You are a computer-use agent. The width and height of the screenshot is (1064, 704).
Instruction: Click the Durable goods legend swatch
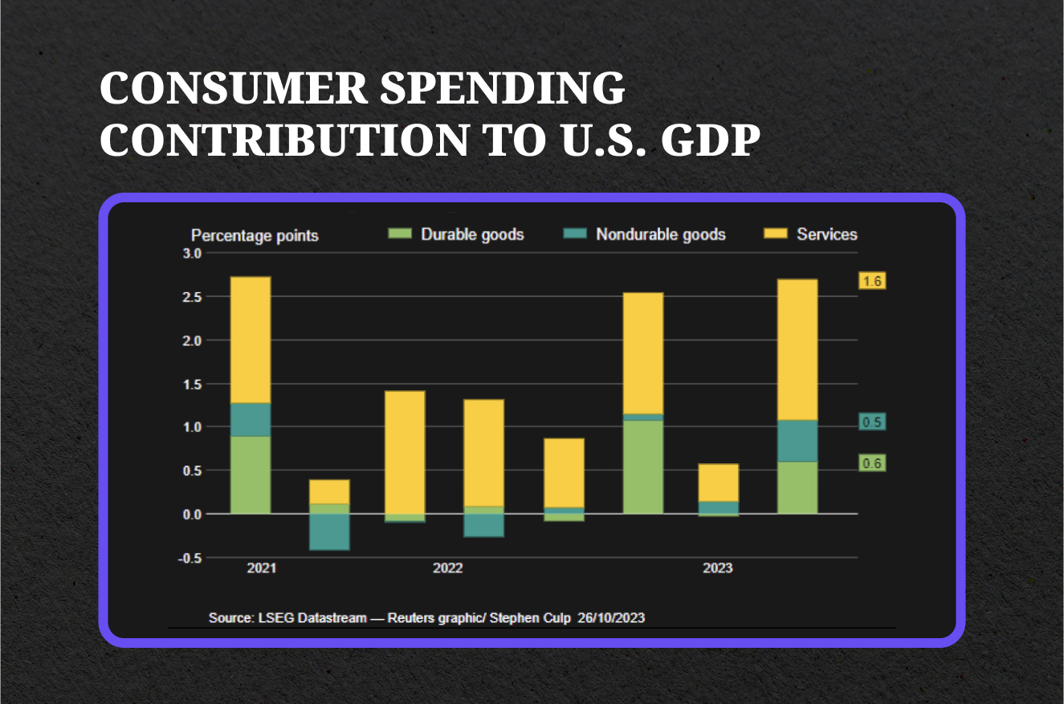pyautogui.click(x=399, y=234)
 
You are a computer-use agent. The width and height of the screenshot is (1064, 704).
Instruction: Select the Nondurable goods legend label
pyautogui.click(x=660, y=234)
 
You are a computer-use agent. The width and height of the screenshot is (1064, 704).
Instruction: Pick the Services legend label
pyautogui.click(x=826, y=234)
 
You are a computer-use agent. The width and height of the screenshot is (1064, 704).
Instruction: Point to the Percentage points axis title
pyautogui.click(x=255, y=235)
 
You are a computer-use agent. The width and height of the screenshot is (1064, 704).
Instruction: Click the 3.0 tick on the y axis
pyautogui.click(x=193, y=253)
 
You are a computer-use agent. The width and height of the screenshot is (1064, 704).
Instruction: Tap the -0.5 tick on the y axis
pyautogui.click(x=190, y=558)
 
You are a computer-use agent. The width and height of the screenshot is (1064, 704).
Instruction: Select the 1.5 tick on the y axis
pyautogui.click(x=193, y=384)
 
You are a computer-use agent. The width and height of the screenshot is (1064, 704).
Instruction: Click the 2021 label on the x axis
pyautogui.click(x=262, y=568)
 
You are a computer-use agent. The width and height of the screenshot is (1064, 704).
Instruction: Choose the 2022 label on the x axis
pyautogui.click(x=447, y=568)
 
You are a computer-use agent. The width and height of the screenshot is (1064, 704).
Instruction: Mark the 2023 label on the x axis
pyautogui.click(x=717, y=568)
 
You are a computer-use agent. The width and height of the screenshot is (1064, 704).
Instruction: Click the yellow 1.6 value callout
pyautogui.click(x=872, y=281)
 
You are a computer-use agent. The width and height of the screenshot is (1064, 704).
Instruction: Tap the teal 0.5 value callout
pyautogui.click(x=872, y=422)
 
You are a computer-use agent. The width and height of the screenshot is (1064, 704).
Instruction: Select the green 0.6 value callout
pyautogui.click(x=872, y=463)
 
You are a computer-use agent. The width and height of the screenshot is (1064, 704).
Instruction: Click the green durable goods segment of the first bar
pyautogui.click(x=251, y=474)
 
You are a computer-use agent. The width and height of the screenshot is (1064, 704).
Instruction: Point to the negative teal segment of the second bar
pyautogui.click(x=329, y=531)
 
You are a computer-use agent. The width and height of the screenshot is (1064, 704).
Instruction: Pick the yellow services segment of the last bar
pyautogui.click(x=797, y=349)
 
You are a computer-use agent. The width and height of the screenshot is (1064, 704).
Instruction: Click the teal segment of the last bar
pyautogui.click(x=797, y=441)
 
